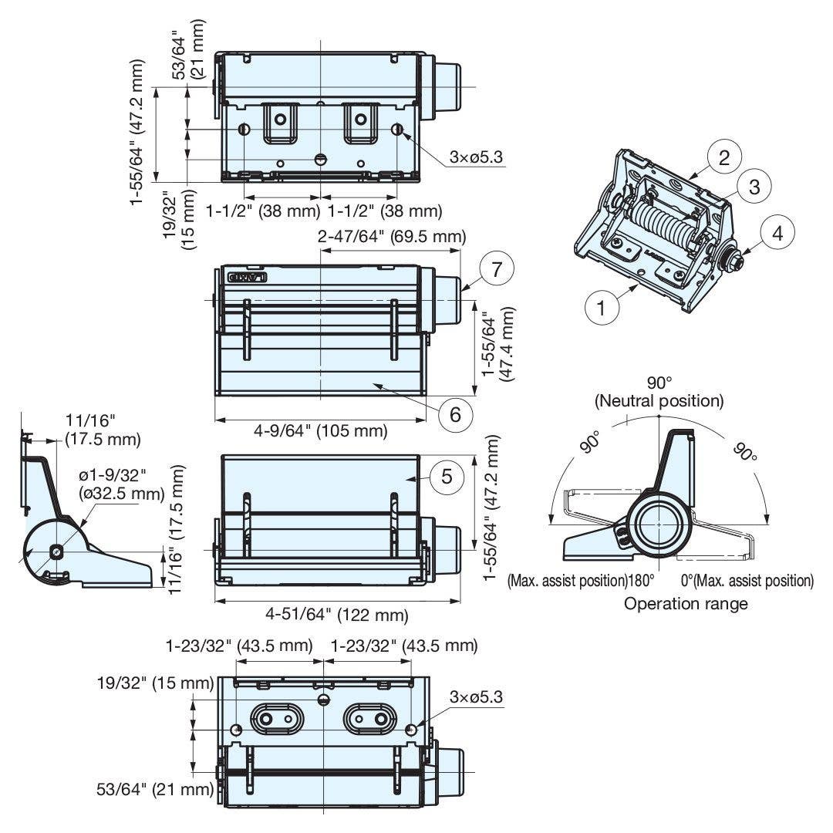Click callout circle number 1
point(602,308)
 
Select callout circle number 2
point(724,158)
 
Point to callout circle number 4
point(777,233)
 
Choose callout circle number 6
point(456,414)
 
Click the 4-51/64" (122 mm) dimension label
point(337,615)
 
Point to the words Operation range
point(686,603)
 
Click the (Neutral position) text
point(659,401)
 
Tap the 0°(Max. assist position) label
point(747,580)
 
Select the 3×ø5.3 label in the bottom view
point(476,697)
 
